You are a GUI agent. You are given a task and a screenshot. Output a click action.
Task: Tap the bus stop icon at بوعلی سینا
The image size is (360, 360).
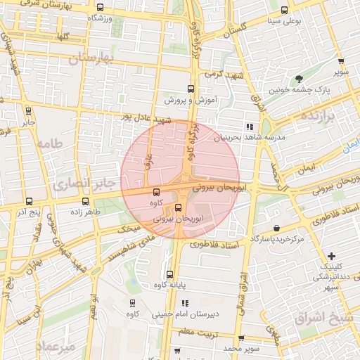284,10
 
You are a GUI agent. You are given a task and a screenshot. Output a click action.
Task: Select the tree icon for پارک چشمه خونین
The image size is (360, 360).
300,79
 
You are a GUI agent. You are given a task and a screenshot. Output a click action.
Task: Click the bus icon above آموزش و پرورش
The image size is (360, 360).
190,89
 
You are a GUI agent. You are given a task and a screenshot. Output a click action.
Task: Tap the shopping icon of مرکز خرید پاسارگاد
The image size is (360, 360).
277,228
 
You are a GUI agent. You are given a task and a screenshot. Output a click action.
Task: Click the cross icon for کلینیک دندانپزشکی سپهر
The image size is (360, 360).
332,255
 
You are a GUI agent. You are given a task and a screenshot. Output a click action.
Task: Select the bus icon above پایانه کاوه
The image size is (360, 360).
169,275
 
